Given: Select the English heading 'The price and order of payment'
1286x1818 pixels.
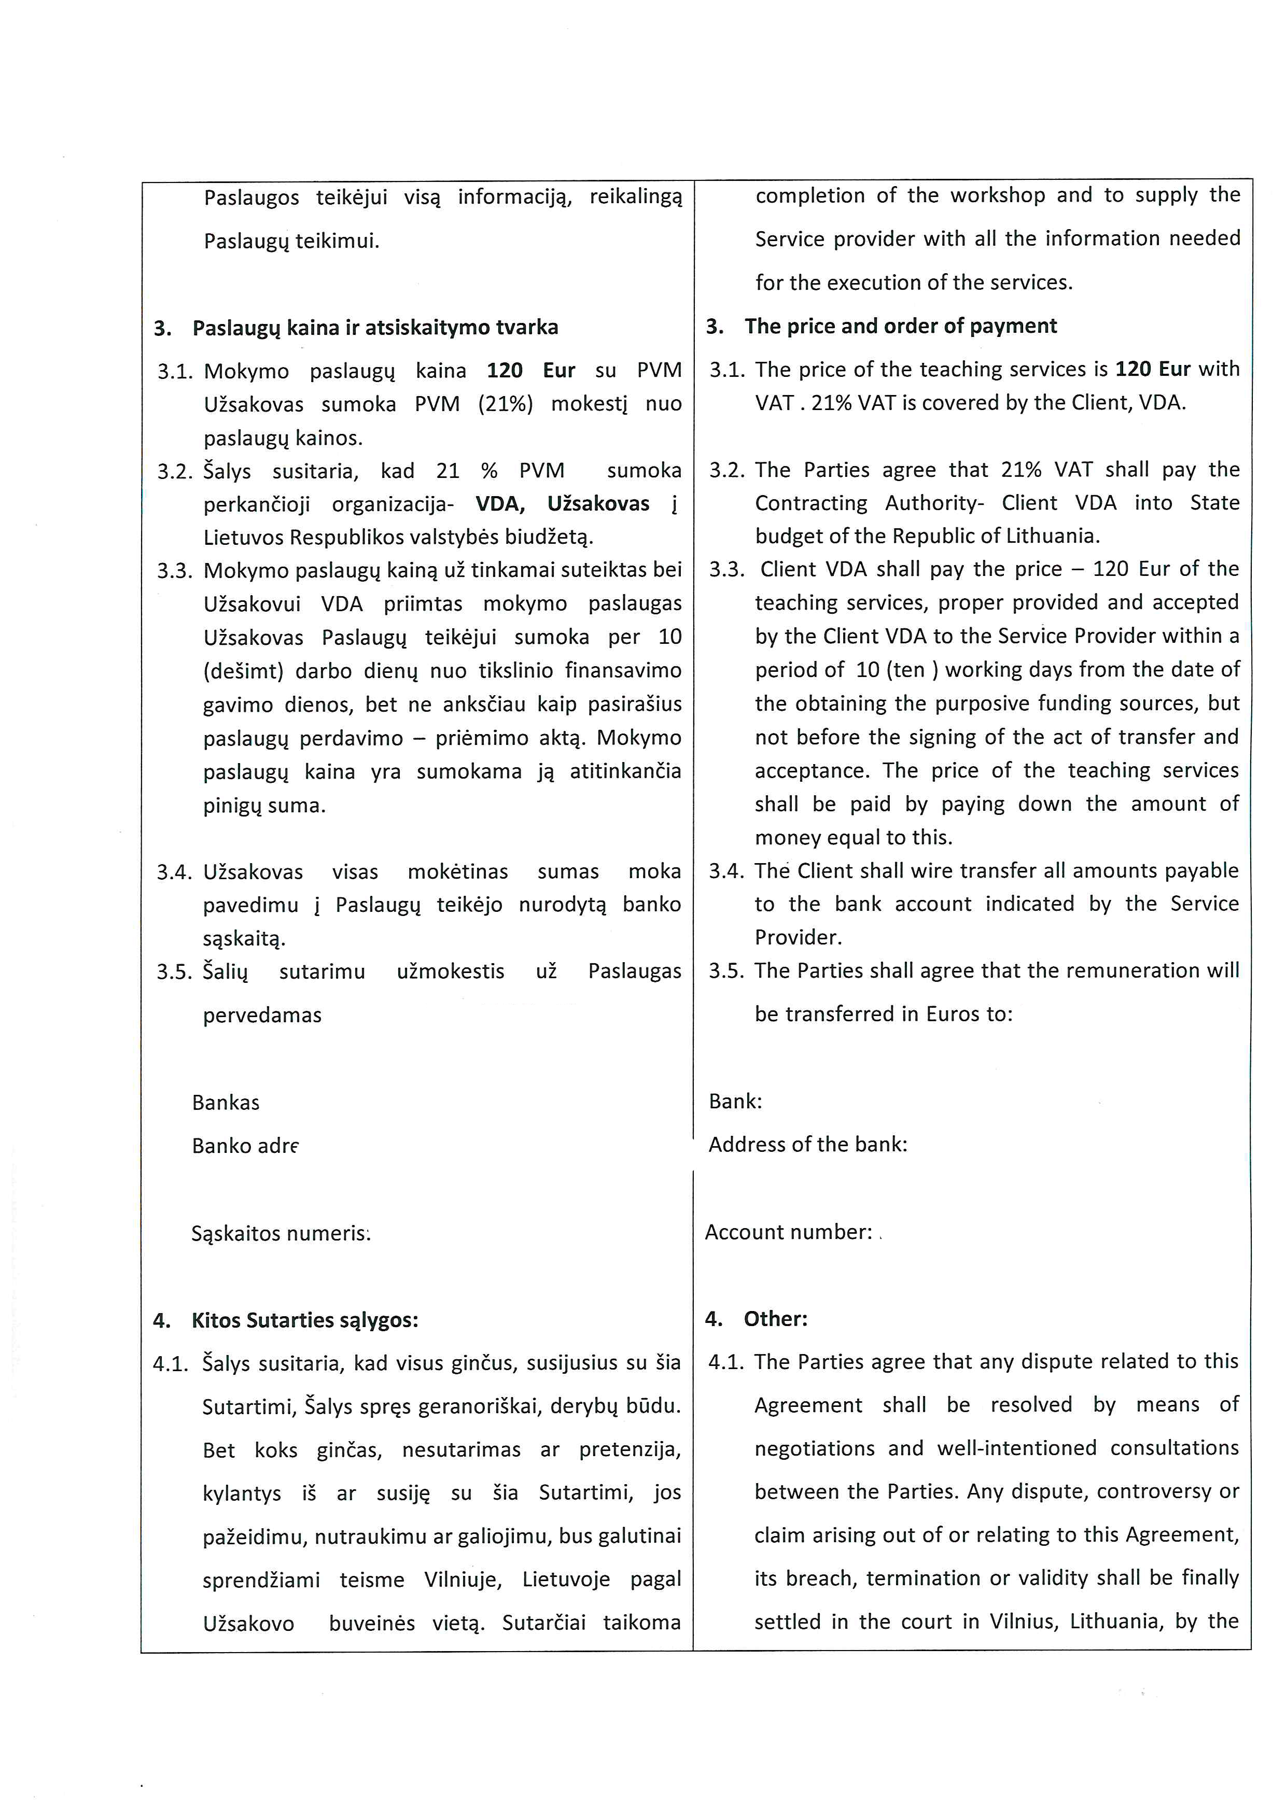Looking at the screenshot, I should pos(900,326).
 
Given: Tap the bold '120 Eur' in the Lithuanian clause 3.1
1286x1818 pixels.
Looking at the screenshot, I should pos(530,371).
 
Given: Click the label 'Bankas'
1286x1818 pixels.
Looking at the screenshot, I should pos(226,1102).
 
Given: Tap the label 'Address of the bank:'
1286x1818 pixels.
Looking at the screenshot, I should pos(808,1144).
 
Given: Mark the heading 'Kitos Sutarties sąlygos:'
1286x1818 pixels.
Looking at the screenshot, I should pos(305,1320).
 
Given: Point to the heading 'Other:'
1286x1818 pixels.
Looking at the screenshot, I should pos(775,1318).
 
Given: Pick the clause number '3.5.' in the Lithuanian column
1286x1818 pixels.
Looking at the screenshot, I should pos(174,971).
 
